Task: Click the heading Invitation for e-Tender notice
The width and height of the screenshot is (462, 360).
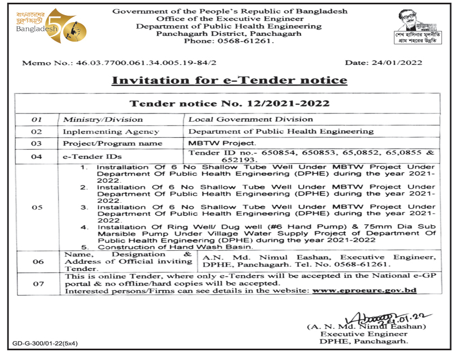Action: pyautogui.click(x=229, y=81)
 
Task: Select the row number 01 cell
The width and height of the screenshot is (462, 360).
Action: pyautogui.click(x=37, y=119)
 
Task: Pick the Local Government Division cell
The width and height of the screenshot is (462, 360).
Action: pyautogui.click(x=250, y=119)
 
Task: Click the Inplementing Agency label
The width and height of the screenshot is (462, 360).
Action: pyautogui.click(x=111, y=131)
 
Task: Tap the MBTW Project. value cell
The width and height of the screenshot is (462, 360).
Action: pyautogui.click(x=222, y=143)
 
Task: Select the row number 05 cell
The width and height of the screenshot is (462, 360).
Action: pyautogui.click(x=37, y=207)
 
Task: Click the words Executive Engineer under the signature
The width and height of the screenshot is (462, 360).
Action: pyautogui.click(x=367, y=334)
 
